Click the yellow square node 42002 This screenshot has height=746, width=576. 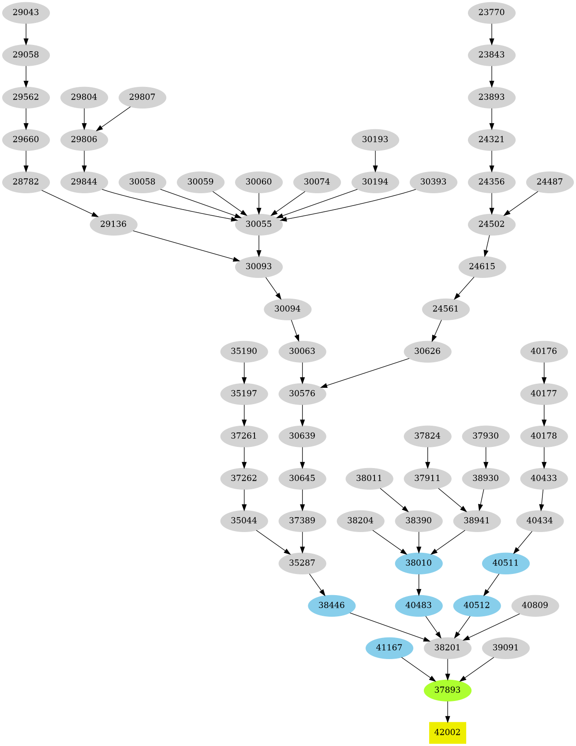click(447, 732)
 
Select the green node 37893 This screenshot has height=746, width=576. click(447, 690)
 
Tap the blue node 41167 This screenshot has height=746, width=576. click(389, 648)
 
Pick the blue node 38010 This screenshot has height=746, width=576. click(419, 563)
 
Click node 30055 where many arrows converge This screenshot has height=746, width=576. click(258, 224)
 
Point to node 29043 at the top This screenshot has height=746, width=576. click(26, 12)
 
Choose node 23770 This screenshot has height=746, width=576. click(491, 12)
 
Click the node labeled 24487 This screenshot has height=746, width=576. click(550, 182)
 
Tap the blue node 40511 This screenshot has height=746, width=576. click(505, 563)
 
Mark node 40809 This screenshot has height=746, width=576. click(535, 605)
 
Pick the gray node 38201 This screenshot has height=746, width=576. click(447, 648)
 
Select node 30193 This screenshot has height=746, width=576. click(375, 139)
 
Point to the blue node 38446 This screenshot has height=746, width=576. click(331, 605)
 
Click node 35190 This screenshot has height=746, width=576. click(244, 351)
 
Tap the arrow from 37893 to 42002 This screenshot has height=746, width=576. click(447, 711)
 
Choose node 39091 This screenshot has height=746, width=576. click(505, 648)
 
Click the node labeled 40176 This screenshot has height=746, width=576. click(544, 351)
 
